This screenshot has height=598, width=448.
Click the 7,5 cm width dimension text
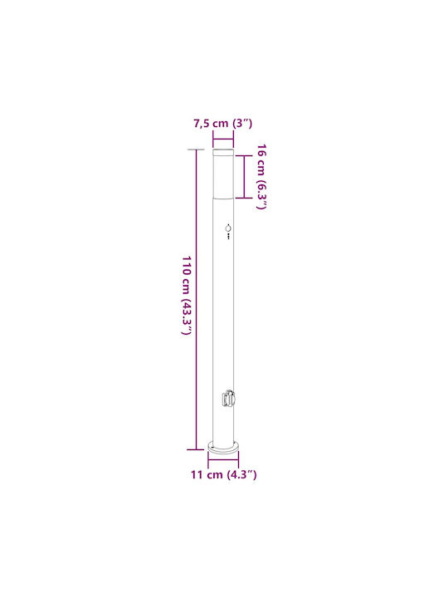coord(211,124)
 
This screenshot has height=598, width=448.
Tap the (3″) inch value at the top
coord(242,124)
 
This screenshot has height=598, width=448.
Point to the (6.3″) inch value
coord(261,194)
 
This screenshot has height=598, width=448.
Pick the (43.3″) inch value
coord(187,316)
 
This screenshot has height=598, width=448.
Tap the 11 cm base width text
coord(207,475)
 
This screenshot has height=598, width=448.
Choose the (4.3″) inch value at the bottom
coord(241,475)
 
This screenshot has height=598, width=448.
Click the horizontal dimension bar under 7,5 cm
coord(223,140)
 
